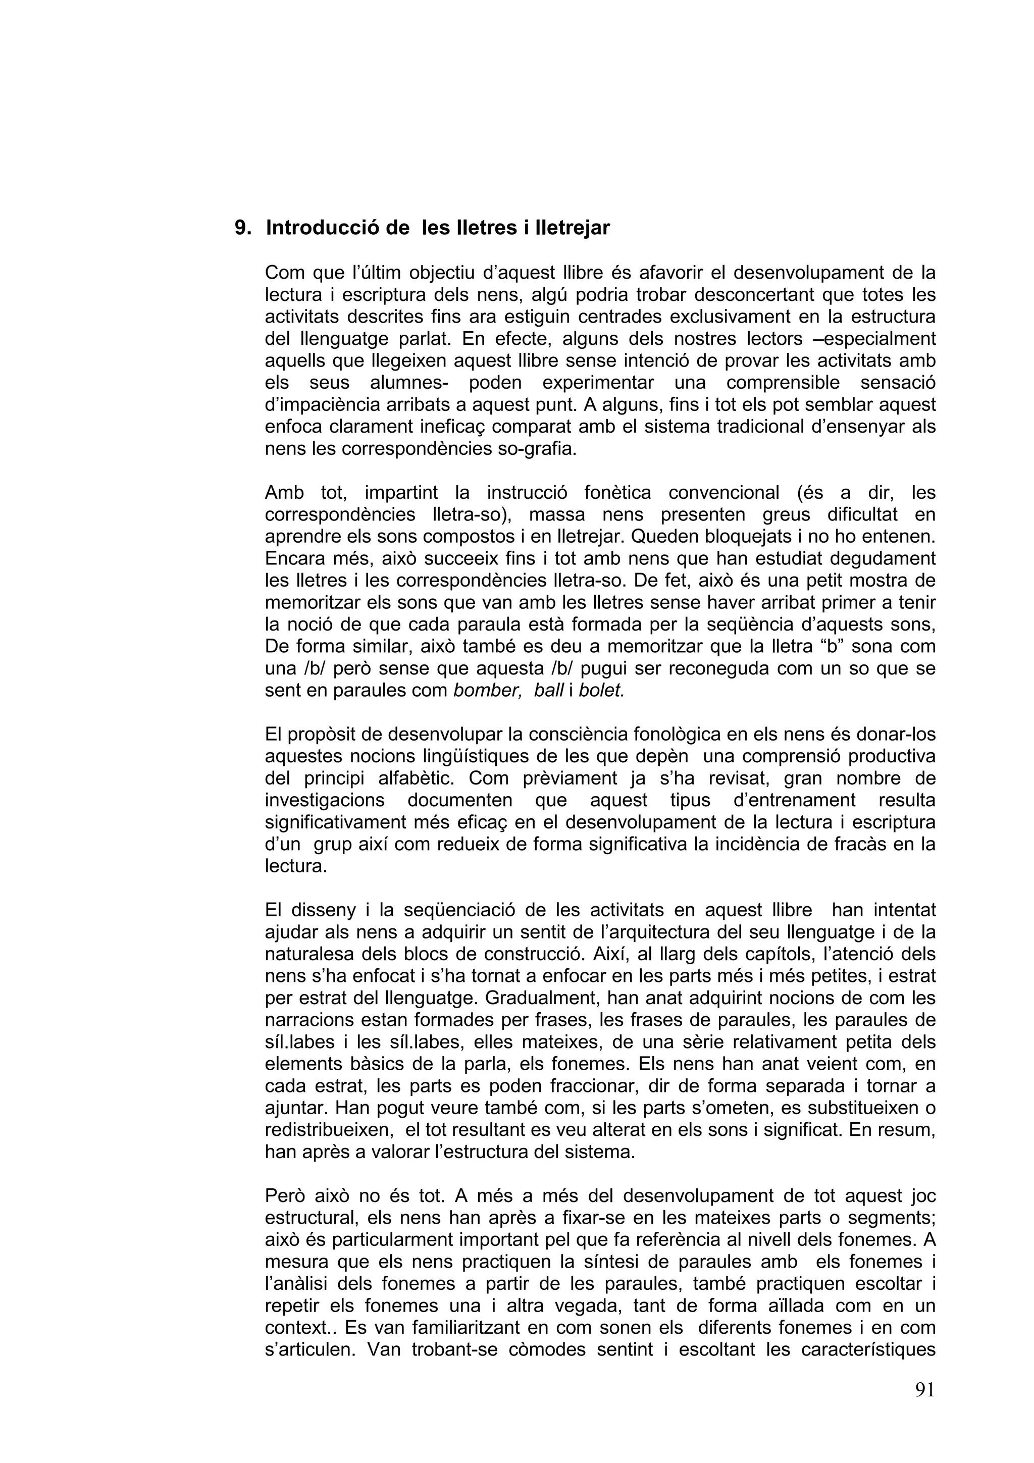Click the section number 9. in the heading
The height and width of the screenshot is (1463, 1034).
tap(243, 228)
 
